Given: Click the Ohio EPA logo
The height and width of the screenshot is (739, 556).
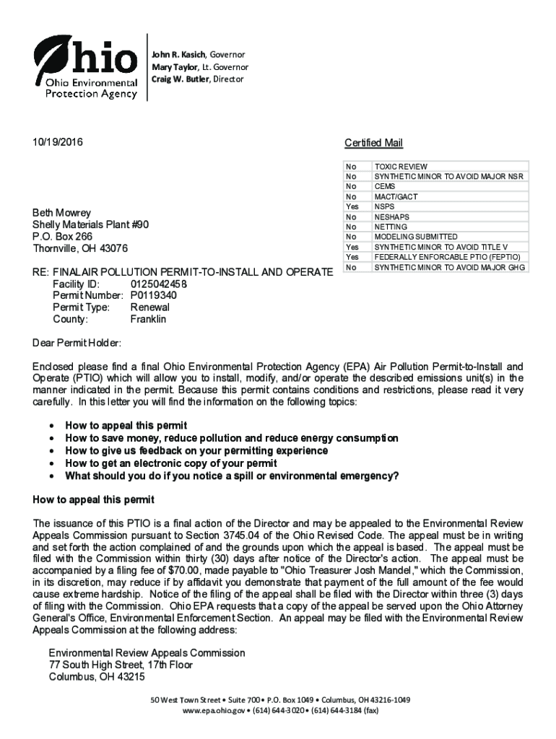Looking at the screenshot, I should click(86, 66).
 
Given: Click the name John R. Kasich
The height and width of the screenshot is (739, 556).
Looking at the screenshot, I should click(178, 55).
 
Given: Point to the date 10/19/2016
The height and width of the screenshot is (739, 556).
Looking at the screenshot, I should click(58, 143).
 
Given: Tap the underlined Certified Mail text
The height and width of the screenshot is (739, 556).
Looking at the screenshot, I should click(373, 143).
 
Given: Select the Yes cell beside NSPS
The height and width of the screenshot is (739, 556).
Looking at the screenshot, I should click(352, 206).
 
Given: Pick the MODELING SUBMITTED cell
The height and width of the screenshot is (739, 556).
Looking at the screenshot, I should click(415, 237).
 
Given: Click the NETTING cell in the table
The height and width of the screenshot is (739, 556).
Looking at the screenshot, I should click(391, 227).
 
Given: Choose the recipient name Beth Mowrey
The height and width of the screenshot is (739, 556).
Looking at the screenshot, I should click(62, 213).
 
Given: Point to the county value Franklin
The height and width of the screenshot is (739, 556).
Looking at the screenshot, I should click(148, 319).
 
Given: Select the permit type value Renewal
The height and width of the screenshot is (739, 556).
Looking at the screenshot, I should click(150, 307).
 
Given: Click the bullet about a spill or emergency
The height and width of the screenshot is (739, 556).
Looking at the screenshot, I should click(232, 476).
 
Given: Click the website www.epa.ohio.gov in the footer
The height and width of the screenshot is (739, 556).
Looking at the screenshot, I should click(213, 710).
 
